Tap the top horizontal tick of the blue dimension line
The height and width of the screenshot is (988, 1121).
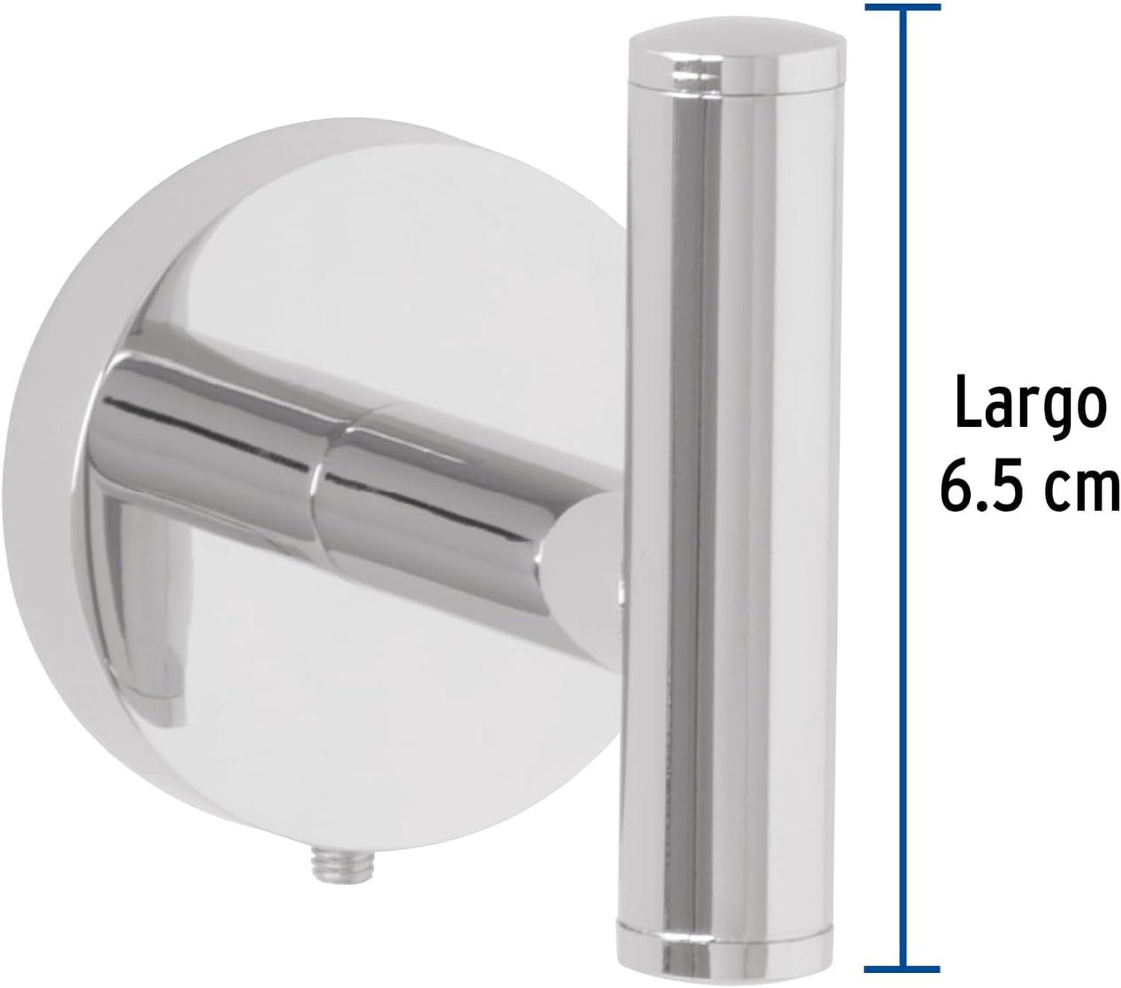903,7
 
